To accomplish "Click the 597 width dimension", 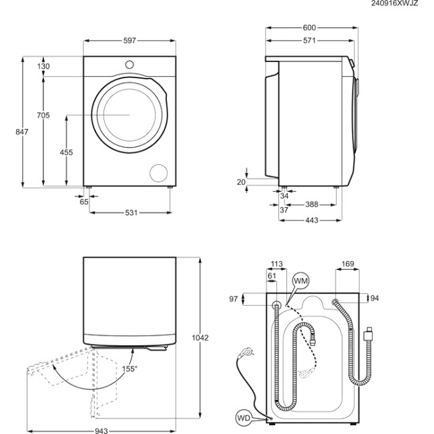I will tap(130, 41).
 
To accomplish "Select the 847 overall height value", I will tap(22, 132).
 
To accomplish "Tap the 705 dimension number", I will tap(43, 116).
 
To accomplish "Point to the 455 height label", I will tap(66, 152).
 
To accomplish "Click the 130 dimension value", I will tap(43, 66).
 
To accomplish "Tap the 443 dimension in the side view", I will tap(311, 220).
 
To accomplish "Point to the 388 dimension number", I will tap(311, 204).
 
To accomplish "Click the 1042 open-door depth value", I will tap(201, 338).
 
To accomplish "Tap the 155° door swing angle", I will tap(129, 369).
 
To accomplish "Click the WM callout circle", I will tap(301, 282).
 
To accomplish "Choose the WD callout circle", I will tap(245, 418).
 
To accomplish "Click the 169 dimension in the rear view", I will tap(348, 264).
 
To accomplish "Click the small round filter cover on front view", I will tap(159, 172).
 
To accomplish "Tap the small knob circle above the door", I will tap(130, 64).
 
